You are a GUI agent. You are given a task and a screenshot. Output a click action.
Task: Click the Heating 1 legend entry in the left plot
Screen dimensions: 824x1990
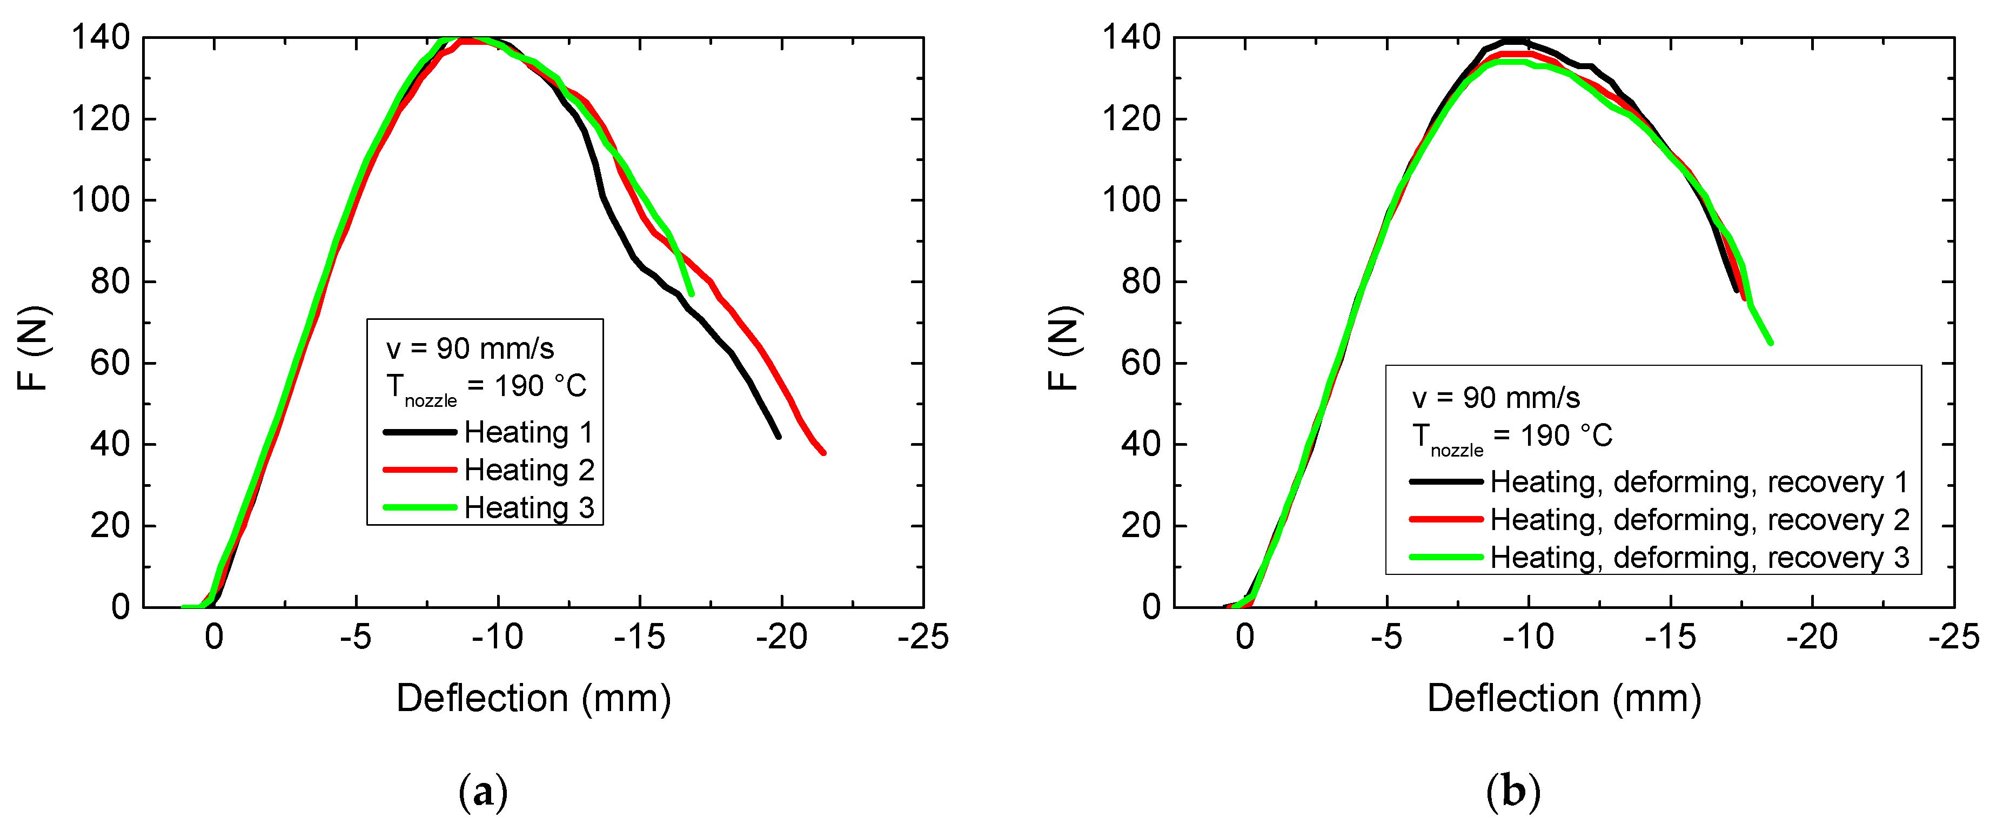pos(528,432)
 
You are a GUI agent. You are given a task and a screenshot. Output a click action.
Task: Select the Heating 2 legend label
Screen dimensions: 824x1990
pos(528,470)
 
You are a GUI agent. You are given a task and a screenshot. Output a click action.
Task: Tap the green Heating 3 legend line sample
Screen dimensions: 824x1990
pos(420,507)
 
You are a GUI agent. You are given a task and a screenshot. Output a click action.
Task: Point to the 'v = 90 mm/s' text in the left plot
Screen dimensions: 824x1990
pos(470,349)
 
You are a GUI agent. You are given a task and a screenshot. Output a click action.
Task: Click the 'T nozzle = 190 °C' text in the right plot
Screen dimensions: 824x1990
pos(1512,437)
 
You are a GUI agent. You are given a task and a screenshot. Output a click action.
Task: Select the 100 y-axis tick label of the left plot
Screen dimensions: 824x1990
pos(100,200)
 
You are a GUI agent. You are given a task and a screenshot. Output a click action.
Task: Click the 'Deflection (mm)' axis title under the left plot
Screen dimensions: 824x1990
pos(533,699)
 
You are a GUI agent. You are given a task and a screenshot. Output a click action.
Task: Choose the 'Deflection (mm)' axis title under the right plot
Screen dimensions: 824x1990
pos(1564,699)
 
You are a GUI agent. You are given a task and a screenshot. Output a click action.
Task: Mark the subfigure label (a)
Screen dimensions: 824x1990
pos(483,792)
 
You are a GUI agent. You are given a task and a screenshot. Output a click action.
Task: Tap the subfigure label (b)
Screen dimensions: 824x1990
pos(1512,792)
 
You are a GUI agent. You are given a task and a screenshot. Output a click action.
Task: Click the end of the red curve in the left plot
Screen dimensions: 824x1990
pos(823,453)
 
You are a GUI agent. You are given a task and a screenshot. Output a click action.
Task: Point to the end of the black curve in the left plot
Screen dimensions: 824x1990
pos(778,437)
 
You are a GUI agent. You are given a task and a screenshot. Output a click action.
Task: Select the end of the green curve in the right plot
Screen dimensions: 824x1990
pos(1771,343)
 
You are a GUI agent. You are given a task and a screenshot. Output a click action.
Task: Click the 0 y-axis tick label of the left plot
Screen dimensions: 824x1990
pos(120,607)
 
